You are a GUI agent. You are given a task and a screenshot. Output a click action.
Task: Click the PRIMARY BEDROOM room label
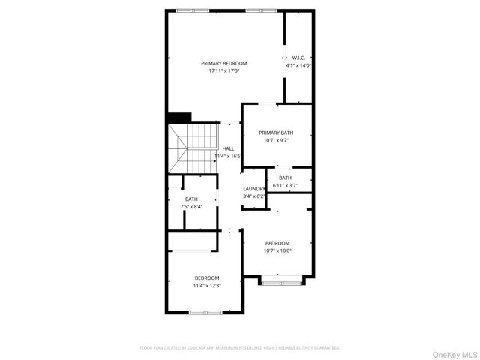[x=223, y=63]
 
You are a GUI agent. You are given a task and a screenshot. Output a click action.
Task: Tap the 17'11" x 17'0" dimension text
[x=223, y=72]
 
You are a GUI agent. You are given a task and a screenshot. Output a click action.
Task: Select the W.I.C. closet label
[x=298, y=58]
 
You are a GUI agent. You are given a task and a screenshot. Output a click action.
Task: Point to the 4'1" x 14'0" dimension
[x=298, y=65]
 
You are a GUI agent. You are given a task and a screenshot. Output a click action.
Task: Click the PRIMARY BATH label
[x=277, y=133]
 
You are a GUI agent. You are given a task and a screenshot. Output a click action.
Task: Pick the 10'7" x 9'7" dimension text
[x=277, y=140]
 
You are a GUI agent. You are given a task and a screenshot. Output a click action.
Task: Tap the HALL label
[x=228, y=148]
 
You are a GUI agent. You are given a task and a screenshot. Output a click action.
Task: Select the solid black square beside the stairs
[x=179, y=117]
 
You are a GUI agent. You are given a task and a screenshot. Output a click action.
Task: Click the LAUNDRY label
[x=254, y=188]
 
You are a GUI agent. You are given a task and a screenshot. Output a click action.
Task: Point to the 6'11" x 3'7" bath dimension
[x=286, y=185]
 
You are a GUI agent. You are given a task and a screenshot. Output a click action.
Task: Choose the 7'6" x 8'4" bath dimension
[x=192, y=206]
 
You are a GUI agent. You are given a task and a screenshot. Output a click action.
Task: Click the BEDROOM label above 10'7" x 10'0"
[x=277, y=243]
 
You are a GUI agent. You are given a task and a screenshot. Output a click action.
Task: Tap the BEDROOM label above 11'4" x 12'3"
[x=207, y=277]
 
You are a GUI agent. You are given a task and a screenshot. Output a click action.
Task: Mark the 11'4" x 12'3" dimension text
[x=207, y=285]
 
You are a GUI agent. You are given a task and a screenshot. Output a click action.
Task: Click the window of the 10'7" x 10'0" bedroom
[x=282, y=280]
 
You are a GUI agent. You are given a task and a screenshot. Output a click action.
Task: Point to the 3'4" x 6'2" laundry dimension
[x=254, y=196]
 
